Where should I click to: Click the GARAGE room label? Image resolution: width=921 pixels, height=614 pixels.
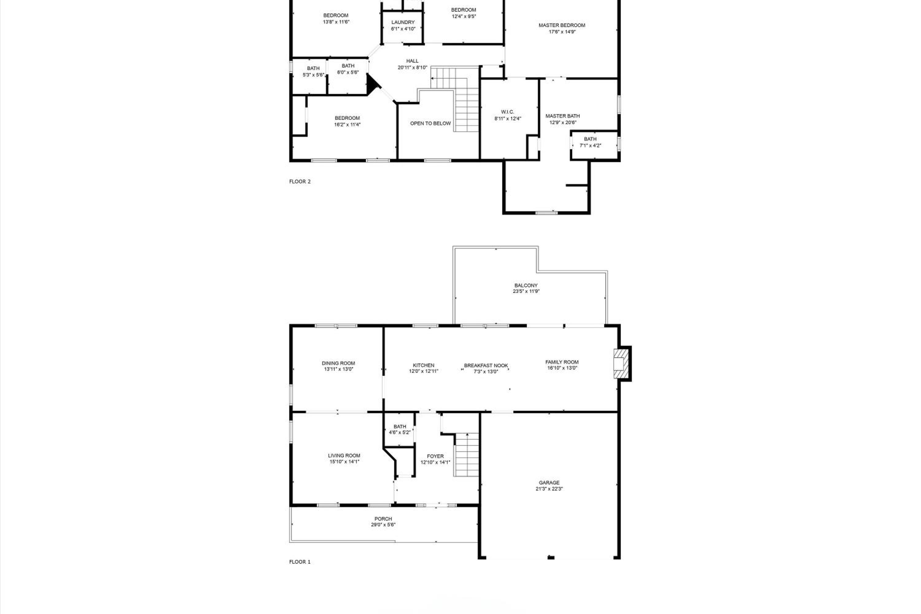tap(549, 482)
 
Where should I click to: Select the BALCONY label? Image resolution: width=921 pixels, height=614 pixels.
tap(526, 286)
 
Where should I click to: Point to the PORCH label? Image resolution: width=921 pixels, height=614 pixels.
tap(383, 519)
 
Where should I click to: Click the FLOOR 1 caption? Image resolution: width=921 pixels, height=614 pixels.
tap(300, 562)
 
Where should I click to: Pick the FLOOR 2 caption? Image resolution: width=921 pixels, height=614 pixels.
tap(300, 181)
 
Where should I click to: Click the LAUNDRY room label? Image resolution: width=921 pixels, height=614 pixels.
tap(403, 22)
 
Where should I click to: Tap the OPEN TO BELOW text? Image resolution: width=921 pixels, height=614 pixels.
tap(430, 123)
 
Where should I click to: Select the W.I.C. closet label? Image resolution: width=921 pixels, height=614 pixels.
tap(507, 112)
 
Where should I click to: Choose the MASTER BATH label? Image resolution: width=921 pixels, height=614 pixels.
tap(562, 116)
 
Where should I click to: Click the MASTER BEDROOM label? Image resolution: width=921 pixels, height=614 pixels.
tap(562, 25)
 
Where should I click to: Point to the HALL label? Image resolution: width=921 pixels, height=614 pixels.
tap(412, 61)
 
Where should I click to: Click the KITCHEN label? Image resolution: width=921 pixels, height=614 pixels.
tap(423, 365)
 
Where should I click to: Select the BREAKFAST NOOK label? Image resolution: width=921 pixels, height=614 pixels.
tap(486, 366)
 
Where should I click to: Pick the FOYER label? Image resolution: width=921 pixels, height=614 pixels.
tap(435, 456)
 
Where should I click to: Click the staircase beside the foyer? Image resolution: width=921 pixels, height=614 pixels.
tap(466, 455)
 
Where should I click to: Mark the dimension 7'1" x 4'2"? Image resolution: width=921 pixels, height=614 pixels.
tap(590, 146)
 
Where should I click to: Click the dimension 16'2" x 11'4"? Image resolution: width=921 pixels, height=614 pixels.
tap(347, 125)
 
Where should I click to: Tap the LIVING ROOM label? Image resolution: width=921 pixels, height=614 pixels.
tap(344, 455)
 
